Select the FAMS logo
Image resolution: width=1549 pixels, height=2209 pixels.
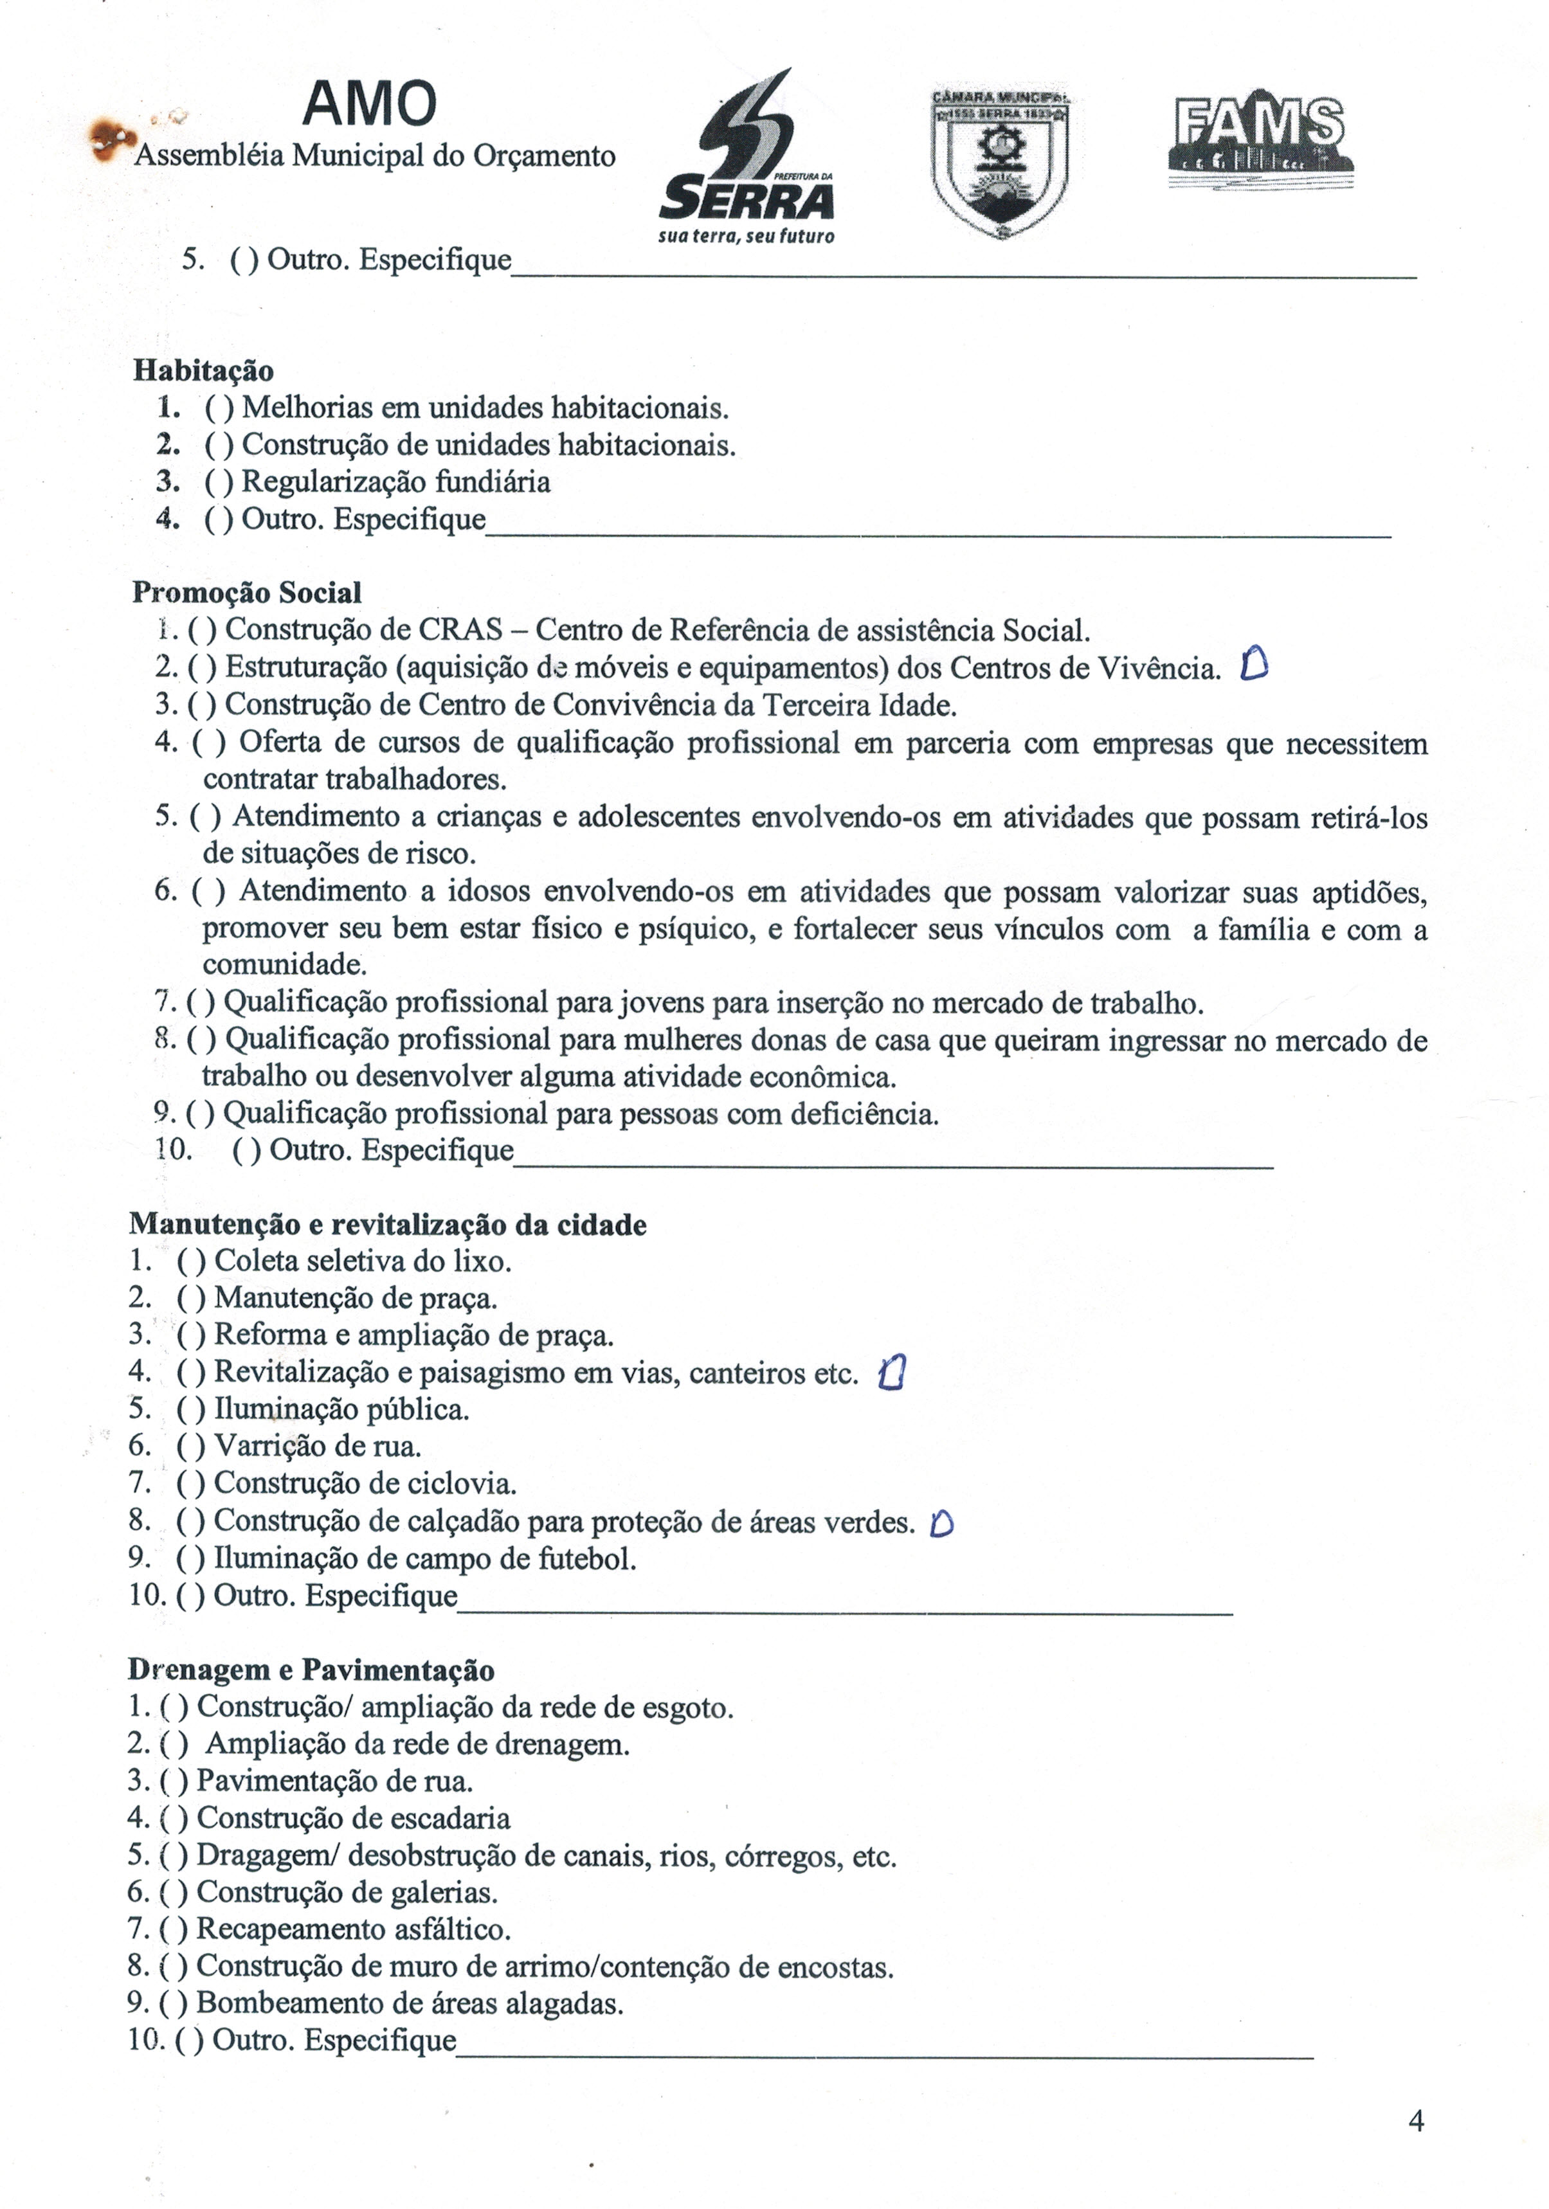point(1258,138)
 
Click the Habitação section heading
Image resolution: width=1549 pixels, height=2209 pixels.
point(203,370)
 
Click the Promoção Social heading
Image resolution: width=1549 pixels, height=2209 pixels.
point(246,593)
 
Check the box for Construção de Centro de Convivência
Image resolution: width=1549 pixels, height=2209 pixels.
point(202,705)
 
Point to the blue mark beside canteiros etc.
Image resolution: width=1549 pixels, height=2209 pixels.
point(892,1373)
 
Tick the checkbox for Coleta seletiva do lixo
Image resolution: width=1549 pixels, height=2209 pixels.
point(190,1261)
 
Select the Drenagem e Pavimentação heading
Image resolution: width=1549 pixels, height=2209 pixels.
point(311,1670)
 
